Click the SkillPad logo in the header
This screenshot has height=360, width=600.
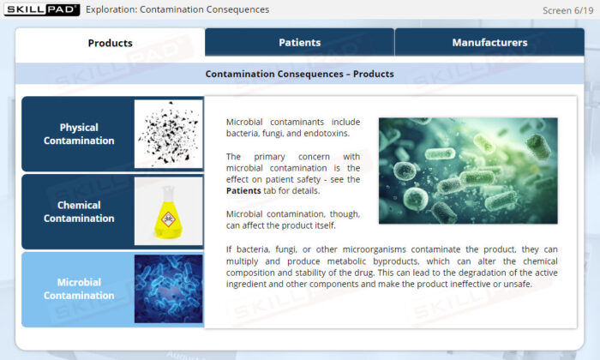tap(42, 9)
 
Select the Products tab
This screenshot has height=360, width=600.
tap(111, 43)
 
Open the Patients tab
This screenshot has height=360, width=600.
tap(300, 43)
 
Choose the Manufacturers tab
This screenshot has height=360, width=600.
tap(489, 43)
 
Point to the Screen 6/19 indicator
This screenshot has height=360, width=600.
tap(567, 10)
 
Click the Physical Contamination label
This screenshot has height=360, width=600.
tap(79, 134)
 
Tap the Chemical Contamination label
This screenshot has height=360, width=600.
tap(79, 212)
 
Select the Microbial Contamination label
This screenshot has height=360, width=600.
tap(79, 289)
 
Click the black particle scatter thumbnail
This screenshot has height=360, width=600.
tap(168, 134)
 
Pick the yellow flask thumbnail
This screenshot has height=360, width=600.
tap(168, 211)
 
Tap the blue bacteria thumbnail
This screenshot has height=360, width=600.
tap(168, 289)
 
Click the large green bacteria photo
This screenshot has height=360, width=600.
tap(468, 171)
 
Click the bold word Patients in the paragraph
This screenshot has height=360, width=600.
tap(243, 191)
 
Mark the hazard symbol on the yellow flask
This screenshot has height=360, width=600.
tap(168, 219)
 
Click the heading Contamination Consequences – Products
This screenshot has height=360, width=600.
tap(300, 74)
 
